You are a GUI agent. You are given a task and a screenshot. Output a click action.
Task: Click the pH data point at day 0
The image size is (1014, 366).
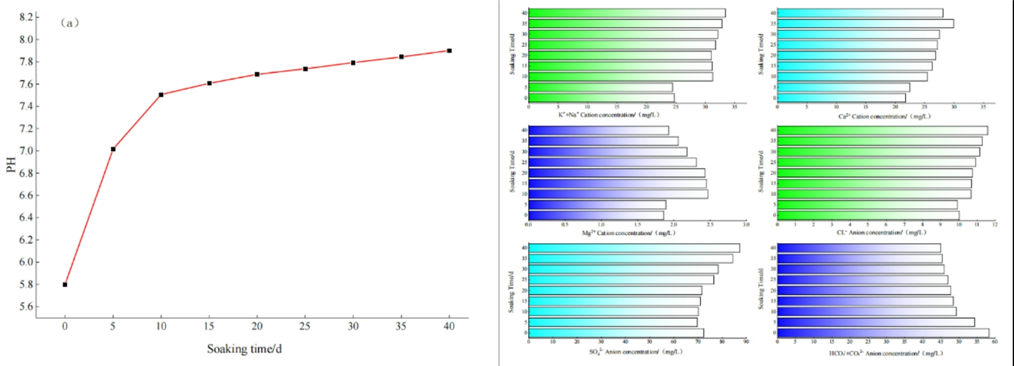(65, 285)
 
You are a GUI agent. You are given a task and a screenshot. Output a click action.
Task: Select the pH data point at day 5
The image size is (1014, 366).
(113, 149)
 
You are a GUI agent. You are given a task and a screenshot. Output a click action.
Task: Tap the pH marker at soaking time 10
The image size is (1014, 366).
(161, 95)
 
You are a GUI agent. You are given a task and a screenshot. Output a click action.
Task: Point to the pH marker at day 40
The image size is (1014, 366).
(449, 51)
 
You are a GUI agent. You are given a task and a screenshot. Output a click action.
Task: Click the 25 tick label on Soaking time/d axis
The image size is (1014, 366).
(305, 327)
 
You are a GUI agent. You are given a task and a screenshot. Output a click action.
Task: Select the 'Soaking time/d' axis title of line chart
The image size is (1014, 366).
(244, 349)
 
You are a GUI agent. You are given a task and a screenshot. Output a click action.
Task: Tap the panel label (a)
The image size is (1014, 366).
(70, 23)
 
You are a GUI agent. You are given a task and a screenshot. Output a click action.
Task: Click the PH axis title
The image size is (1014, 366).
(11, 165)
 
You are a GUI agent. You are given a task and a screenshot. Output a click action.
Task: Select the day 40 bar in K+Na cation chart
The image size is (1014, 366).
(626, 13)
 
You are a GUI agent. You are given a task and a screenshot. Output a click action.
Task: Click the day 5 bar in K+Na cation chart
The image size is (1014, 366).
(600, 87)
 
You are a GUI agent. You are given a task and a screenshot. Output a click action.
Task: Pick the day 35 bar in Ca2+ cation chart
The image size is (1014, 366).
(865, 24)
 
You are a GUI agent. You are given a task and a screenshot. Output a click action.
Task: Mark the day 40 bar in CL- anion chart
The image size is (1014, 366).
(882, 130)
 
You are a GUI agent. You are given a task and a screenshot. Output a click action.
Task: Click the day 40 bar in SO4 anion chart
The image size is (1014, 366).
(634, 248)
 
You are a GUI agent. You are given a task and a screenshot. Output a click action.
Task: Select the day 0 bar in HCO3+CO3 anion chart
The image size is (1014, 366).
(883, 333)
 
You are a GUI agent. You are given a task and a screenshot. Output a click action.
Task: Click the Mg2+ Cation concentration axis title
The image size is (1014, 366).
(628, 233)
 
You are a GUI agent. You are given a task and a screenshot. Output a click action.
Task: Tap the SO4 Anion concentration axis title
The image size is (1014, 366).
(635, 351)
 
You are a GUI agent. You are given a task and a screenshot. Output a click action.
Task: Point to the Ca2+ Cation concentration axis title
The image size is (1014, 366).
(884, 116)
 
